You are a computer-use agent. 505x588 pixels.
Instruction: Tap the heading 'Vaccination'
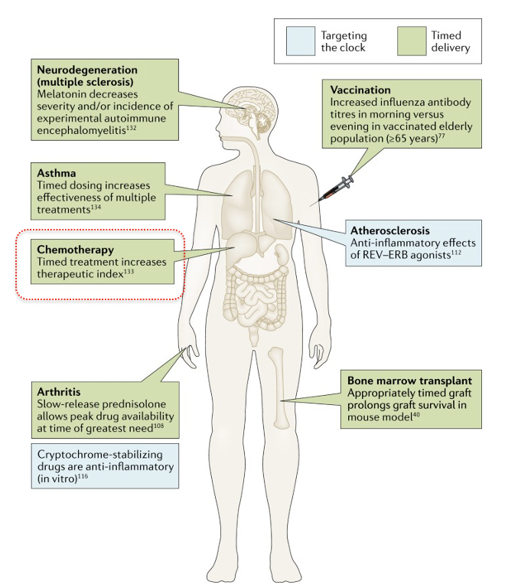[x=359, y=89]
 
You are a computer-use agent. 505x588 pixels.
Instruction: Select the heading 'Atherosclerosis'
[x=389, y=230]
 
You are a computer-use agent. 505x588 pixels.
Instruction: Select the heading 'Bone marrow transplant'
[x=406, y=380]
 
